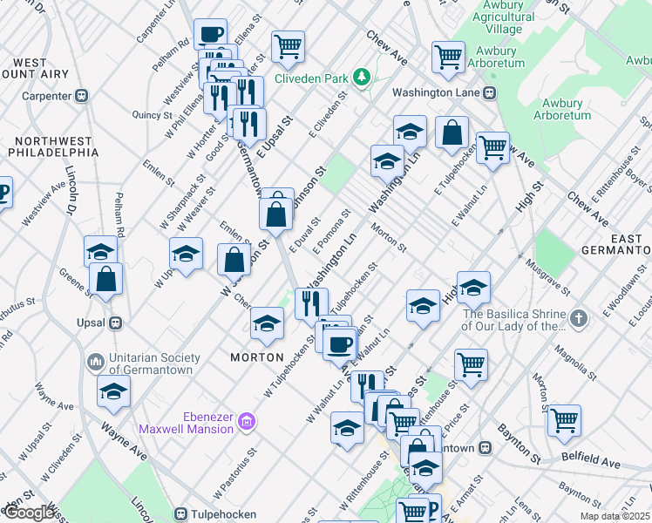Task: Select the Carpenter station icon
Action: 81,96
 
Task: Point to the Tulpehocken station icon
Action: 182,513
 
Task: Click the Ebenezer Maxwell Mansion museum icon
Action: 248,422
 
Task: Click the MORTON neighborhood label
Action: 257,357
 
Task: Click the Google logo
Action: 29,513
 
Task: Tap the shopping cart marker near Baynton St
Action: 564,420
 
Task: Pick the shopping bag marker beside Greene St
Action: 105,279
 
